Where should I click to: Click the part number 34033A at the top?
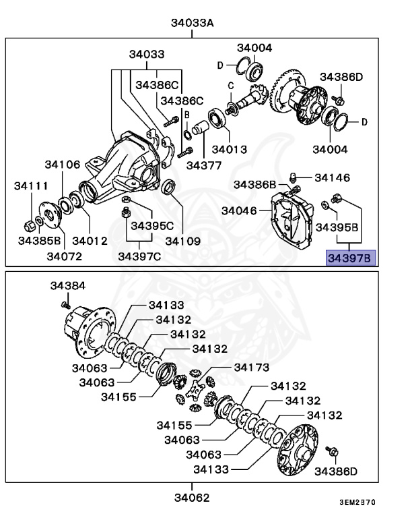pyautogui.click(x=192, y=24)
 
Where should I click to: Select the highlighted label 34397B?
pyautogui.click(x=349, y=257)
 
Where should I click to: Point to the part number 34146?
pyautogui.click(x=332, y=178)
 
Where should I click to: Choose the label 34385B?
pyautogui.click(x=40, y=240)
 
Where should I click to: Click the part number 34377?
pyautogui.click(x=204, y=164)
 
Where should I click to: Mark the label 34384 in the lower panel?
pyautogui.click(x=67, y=286)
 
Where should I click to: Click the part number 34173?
pyautogui.click(x=251, y=367)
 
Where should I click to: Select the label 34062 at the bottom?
pyautogui.click(x=192, y=498)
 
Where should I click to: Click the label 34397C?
pyautogui.click(x=139, y=256)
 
